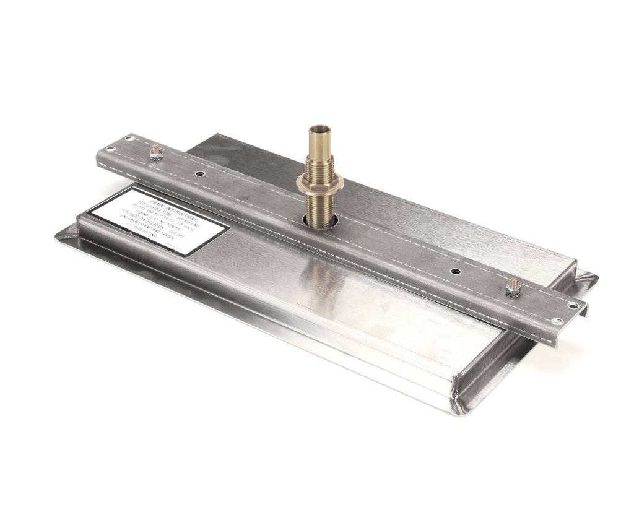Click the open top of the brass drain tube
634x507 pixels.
[320, 129]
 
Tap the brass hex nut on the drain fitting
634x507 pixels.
[319, 181]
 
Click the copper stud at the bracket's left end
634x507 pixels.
[155, 149]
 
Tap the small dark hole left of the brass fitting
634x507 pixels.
[200, 174]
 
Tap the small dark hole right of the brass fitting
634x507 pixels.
[455, 271]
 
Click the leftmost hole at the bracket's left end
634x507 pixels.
[109, 149]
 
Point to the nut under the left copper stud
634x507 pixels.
[156, 156]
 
